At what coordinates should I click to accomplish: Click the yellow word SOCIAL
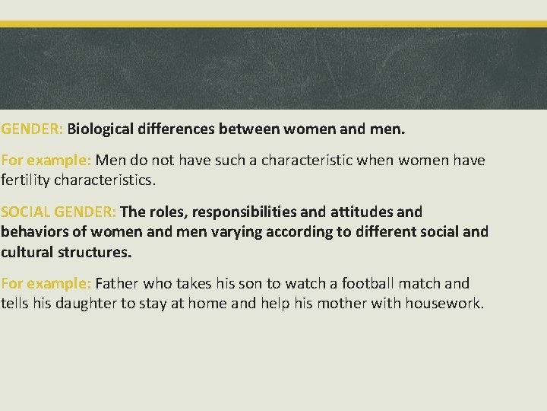[x=26, y=211]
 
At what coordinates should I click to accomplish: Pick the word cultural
[x=27, y=250]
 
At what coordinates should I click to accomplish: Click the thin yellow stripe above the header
[x=273, y=24]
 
